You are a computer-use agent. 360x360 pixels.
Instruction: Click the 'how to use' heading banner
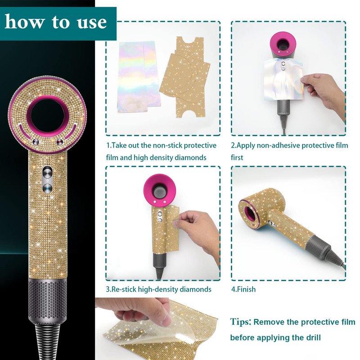pos(58,23)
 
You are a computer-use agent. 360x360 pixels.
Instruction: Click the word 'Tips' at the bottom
pos(240,322)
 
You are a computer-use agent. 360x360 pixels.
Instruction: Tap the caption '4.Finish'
pos(243,289)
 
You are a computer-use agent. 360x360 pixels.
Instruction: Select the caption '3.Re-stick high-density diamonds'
pos(158,289)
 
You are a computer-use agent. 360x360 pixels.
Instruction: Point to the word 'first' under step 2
pos(237,157)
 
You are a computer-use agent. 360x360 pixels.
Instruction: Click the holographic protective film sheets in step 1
pos(139,76)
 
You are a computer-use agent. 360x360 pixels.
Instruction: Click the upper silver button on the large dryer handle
pos(48,172)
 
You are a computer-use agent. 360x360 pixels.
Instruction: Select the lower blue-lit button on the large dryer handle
pos(48,188)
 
